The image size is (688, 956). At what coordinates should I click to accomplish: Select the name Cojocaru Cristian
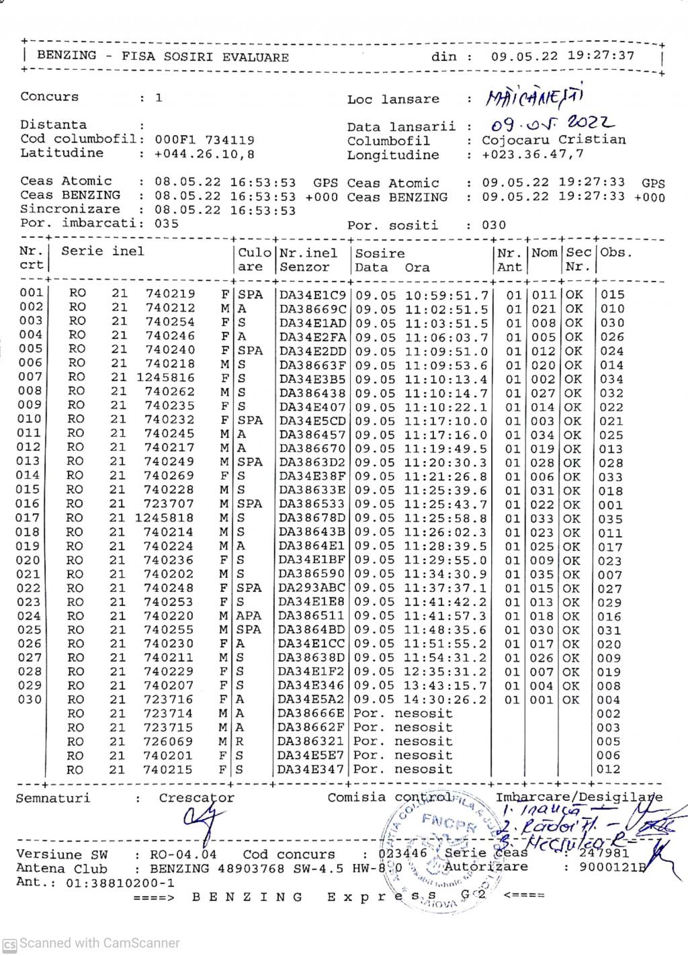click(x=554, y=140)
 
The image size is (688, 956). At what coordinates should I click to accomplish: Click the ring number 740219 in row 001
click(x=170, y=294)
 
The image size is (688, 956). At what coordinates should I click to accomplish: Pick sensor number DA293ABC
click(x=312, y=589)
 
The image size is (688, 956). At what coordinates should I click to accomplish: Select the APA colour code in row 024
click(x=249, y=616)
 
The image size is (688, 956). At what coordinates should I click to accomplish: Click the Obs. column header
click(x=617, y=253)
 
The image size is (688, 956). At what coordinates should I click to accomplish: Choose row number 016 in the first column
click(x=30, y=504)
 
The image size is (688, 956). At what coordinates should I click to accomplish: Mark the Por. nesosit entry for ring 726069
click(x=403, y=742)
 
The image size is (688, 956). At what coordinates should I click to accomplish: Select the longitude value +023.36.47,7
click(x=533, y=155)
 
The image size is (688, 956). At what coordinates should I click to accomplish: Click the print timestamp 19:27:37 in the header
click(x=601, y=56)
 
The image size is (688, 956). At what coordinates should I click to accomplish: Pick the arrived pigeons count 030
click(x=494, y=225)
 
